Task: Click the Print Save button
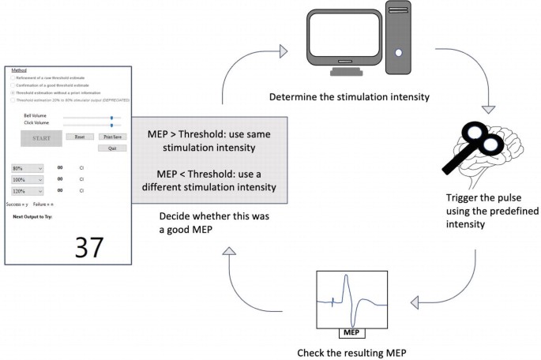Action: (112, 137)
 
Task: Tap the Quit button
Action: (112, 148)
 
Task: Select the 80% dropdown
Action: (28, 168)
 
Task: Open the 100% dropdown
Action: (28, 179)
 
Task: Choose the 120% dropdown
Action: (28, 190)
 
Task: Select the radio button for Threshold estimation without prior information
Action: (13, 92)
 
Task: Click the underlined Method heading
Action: (19, 70)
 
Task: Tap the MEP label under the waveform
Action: (351, 332)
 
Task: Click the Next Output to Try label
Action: (32, 216)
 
